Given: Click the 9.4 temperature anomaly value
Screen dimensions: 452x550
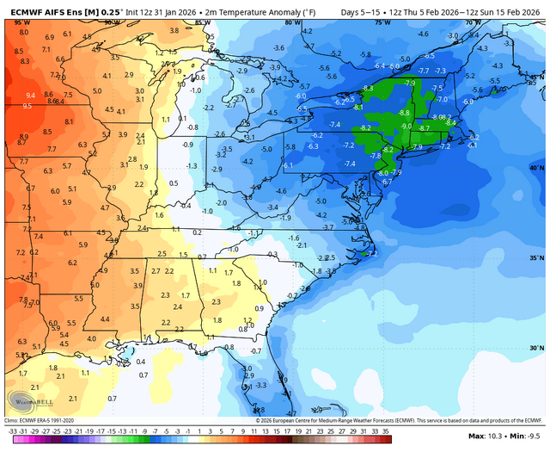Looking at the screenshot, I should click(x=30, y=96).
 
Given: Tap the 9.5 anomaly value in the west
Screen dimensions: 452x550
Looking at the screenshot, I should click(x=27, y=106).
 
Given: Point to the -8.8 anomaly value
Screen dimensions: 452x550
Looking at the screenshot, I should click(x=404, y=113).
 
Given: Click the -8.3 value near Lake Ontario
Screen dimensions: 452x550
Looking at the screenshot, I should click(x=368, y=88).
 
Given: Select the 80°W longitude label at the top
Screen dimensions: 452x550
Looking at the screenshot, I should click(x=286, y=24).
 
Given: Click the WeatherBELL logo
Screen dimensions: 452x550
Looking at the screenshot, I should click(x=26, y=401).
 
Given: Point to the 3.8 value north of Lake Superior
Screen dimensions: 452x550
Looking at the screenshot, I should click(x=174, y=30).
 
